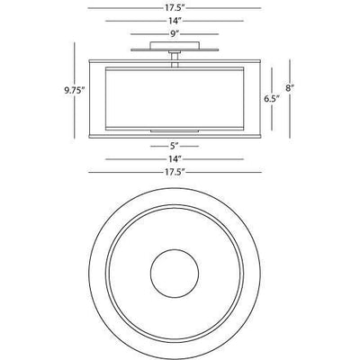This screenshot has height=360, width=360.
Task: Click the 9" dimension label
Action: [175, 34]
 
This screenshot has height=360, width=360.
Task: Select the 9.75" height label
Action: [73, 90]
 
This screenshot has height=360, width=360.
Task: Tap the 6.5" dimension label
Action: [272, 99]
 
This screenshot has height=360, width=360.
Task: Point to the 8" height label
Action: [290, 88]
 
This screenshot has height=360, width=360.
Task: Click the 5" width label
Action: [175, 146]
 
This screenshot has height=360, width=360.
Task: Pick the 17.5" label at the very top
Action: [175, 8]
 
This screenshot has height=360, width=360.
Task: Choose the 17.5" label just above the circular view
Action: [175, 172]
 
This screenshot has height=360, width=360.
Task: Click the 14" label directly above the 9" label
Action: [175, 21]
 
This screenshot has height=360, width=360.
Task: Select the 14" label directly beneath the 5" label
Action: [175, 159]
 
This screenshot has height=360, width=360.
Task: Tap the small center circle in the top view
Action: [175, 274]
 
